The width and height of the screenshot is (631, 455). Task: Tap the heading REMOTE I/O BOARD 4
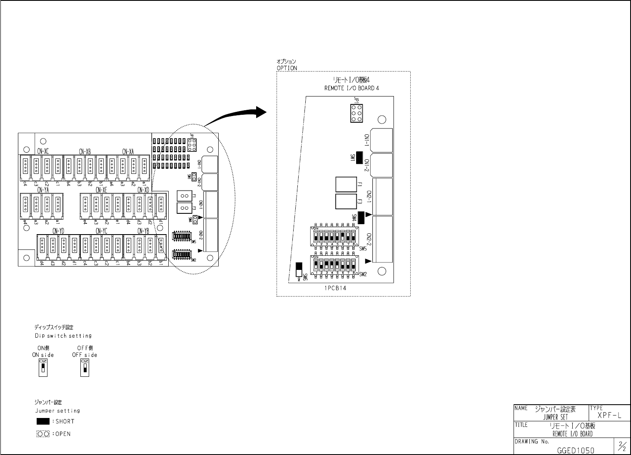352,88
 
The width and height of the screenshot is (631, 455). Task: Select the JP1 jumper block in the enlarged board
356,113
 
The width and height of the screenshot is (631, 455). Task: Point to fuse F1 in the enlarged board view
346,184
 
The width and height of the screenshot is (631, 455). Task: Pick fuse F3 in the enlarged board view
346,202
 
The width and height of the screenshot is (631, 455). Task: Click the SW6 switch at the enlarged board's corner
299,270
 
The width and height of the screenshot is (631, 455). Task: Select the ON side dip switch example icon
43,368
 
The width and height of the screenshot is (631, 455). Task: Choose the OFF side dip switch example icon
85,368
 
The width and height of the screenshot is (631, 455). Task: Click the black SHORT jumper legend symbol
43,421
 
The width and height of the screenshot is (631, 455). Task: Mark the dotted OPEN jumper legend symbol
43,434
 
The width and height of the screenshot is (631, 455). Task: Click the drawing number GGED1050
576,450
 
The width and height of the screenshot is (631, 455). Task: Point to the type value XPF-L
609,415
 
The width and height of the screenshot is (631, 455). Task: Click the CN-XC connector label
43,152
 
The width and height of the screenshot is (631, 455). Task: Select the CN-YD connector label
58,231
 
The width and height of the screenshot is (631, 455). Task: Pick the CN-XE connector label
101,190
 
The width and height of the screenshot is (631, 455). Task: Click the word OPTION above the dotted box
287,68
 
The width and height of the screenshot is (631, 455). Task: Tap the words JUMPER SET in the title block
555,417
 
